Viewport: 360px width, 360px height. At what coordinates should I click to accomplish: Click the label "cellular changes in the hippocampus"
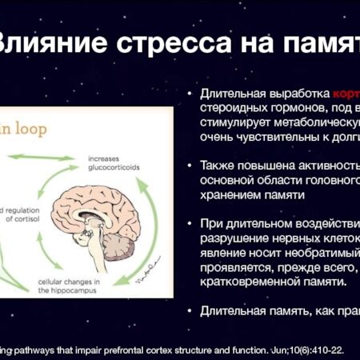(72, 286)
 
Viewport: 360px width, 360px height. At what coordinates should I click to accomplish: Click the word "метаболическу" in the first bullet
(313, 122)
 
